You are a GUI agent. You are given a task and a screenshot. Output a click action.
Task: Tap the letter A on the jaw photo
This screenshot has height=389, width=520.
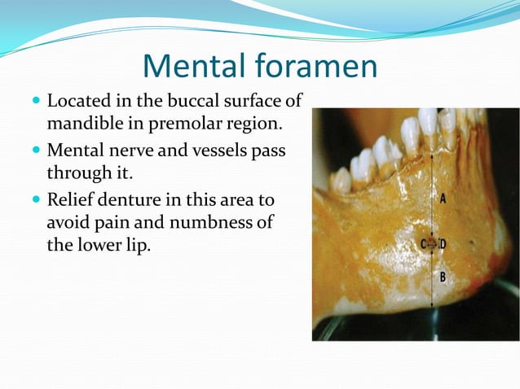pos(443,199)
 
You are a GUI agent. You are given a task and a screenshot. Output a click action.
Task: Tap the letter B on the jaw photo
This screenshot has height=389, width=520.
pos(443,277)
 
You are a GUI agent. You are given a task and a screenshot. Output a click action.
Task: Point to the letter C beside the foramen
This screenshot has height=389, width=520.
pos(424,243)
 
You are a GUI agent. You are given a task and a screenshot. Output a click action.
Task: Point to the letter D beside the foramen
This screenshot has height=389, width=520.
pos(443,243)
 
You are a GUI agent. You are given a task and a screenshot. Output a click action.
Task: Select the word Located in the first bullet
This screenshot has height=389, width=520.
pos(78,103)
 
